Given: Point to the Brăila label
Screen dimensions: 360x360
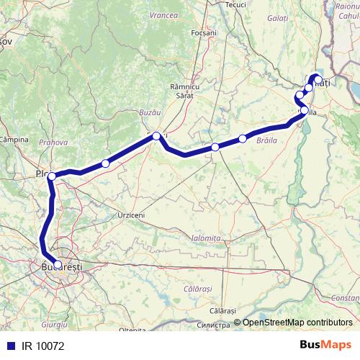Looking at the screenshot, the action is point(267,142).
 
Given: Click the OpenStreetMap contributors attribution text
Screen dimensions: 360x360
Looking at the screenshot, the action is point(297,323).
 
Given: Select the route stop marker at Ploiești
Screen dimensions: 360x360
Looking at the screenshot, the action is point(52,176).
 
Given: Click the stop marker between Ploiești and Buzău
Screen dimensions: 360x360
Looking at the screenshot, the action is point(105,163).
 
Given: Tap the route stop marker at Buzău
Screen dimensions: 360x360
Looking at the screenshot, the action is point(156,135).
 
